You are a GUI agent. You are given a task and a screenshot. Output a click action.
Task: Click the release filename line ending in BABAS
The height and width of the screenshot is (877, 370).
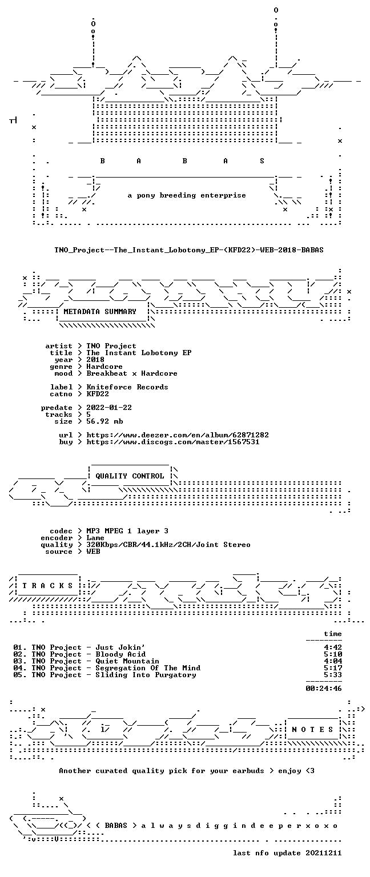[x=189, y=250]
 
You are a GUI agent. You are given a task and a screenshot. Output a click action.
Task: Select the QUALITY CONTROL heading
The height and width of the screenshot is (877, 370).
[x=130, y=476]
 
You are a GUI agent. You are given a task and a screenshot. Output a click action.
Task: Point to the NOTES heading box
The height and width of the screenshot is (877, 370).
[x=312, y=729]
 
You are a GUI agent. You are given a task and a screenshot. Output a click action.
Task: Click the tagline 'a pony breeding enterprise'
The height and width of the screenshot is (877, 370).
[x=187, y=195]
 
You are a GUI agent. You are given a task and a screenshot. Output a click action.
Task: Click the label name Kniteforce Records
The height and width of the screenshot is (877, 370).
[x=127, y=387]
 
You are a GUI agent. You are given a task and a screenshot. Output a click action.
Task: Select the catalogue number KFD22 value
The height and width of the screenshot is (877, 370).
[x=98, y=394]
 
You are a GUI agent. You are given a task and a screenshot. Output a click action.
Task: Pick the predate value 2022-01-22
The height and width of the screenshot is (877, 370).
[x=109, y=408]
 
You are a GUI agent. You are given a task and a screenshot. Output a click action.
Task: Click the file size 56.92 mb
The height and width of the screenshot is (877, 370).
[x=104, y=421]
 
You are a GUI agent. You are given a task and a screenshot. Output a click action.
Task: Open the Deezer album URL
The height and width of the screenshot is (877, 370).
[x=178, y=435]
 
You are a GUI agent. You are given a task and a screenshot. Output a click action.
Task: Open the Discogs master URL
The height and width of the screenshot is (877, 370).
[x=172, y=442]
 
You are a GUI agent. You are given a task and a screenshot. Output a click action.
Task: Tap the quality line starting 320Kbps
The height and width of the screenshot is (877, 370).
[x=168, y=545]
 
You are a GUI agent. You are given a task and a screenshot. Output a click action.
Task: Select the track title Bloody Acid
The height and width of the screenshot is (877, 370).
[x=120, y=654]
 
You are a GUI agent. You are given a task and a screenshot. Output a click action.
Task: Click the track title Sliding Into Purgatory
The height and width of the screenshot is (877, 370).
[x=146, y=675]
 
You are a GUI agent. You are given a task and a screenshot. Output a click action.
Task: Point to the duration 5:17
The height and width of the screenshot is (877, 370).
[x=333, y=668]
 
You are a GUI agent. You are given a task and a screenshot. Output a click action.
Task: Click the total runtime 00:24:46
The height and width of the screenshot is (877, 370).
[x=324, y=689]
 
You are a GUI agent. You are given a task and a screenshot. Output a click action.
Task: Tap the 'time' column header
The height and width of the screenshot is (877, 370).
[x=333, y=634]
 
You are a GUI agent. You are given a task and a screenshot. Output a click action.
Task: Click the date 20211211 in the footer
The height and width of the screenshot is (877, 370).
[x=324, y=853]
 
